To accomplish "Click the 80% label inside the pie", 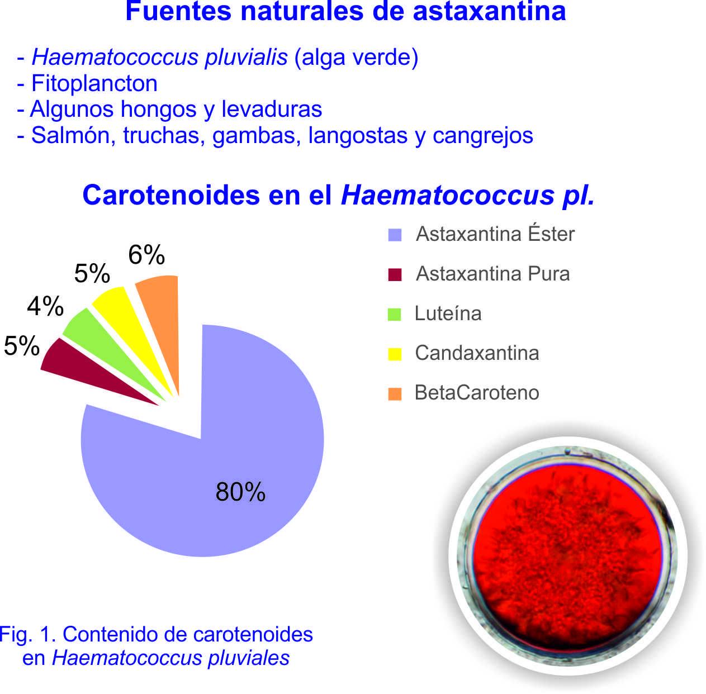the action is [240, 492].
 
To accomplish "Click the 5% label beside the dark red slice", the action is [22, 345].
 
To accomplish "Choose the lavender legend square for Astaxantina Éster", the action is [395, 235].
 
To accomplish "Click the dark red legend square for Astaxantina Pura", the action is [395, 274].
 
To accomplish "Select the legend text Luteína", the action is [448, 313].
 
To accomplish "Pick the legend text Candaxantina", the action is [477, 353].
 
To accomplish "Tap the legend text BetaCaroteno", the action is [477, 392].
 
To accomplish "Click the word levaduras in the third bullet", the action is [272, 109].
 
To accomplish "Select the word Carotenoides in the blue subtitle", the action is [171, 195].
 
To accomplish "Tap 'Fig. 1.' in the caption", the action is [28, 634].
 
